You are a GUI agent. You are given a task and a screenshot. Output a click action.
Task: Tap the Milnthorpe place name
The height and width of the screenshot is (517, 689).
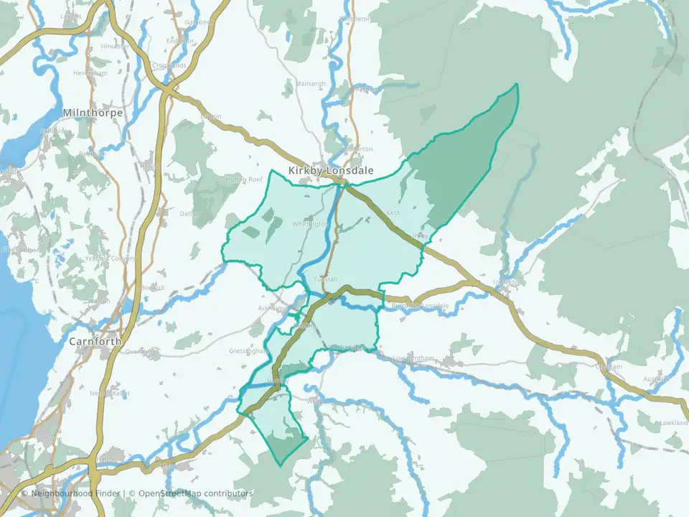point(93,113)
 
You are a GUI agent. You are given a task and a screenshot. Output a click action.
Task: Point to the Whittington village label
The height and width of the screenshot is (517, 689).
point(310,224)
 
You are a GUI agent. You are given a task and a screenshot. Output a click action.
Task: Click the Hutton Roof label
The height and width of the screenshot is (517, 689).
point(245,180)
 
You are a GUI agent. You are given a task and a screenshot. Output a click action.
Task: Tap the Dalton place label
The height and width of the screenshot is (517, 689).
point(189,213)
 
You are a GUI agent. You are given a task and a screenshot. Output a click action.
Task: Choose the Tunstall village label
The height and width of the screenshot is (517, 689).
point(325,279)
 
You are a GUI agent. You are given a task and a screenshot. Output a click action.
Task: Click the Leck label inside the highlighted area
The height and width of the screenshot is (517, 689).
point(393,213)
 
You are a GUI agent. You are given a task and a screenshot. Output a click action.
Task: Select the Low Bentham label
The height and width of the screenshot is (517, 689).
point(415,358)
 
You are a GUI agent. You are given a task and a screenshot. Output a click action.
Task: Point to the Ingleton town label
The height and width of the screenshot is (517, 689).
point(506,282)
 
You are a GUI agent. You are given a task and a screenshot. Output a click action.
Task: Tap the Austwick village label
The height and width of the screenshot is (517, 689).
point(656,378)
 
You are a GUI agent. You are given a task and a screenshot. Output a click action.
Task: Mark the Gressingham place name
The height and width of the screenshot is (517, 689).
point(248,351)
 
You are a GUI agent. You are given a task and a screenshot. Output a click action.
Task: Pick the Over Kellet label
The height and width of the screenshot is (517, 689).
point(141,351)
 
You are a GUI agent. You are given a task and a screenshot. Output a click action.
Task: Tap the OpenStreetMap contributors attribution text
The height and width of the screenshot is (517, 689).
point(195,493)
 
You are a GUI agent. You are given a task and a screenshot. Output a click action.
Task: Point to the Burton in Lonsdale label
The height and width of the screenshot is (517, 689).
point(421,306)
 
